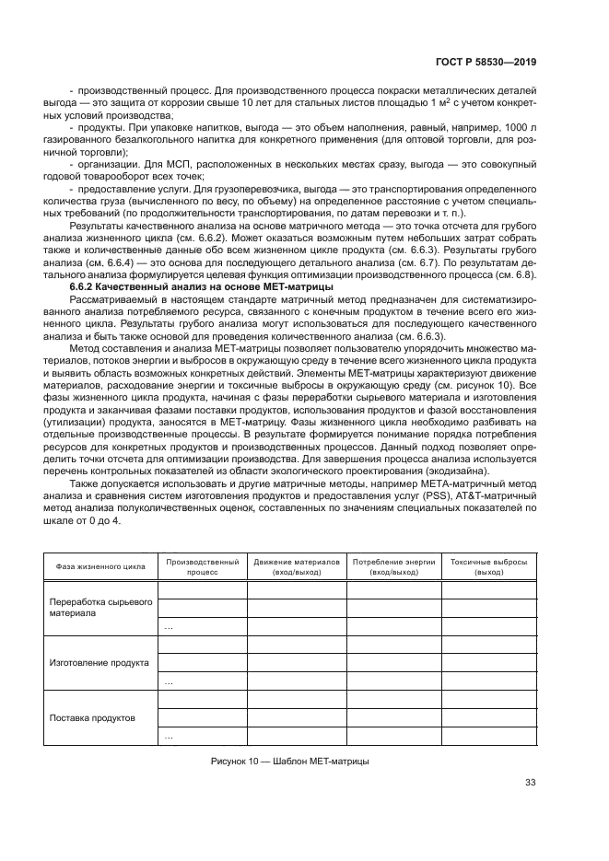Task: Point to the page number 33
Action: click(530, 783)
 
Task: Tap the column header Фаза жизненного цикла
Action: click(100, 565)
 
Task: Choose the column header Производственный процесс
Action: click(201, 565)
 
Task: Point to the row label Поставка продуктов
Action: click(92, 717)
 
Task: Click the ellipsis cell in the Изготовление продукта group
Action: click(169, 682)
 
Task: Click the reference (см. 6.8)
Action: click(514, 275)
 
